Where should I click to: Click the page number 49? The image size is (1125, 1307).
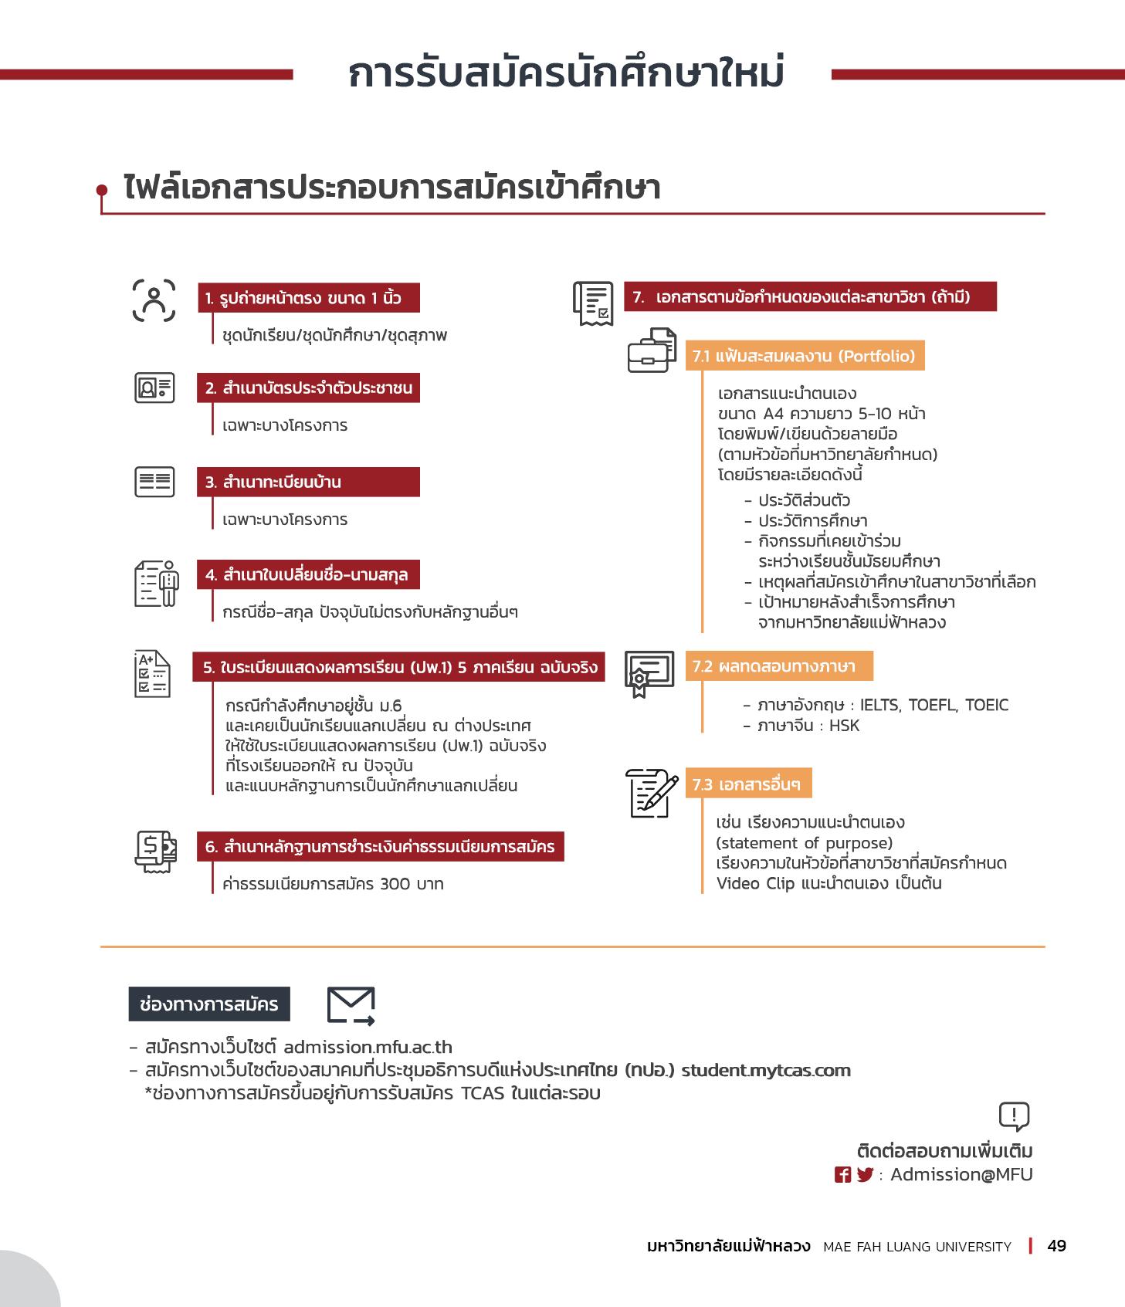[x=1056, y=1245]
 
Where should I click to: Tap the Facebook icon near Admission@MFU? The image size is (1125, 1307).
[x=842, y=1174]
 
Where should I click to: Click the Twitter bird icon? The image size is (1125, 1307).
[x=864, y=1174]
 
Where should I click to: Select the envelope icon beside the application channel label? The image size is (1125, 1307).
[x=351, y=1005]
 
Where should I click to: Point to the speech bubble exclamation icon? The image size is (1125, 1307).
[x=1014, y=1116]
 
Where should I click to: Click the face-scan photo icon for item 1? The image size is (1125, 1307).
[x=154, y=300]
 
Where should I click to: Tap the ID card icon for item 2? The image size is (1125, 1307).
[x=154, y=388]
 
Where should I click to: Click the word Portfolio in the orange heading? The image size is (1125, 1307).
[x=876, y=356]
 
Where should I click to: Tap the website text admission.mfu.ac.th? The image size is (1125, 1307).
[x=368, y=1047]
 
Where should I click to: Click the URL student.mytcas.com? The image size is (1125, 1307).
[x=765, y=1070]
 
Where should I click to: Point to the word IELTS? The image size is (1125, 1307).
[x=879, y=705]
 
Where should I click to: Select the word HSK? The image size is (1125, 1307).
[x=844, y=725]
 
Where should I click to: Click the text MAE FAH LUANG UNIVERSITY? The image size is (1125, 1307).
[x=917, y=1246]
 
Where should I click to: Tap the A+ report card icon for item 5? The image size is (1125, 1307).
[x=153, y=674]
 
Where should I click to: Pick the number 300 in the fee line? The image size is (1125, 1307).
[x=395, y=883]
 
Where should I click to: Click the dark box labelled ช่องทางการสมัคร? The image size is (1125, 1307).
[x=209, y=1004]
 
